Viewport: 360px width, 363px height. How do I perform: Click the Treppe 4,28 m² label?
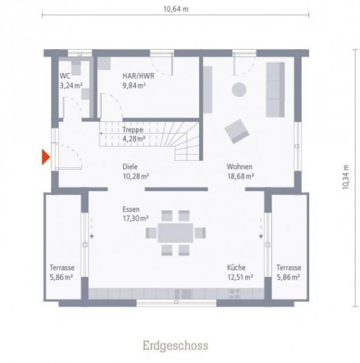[x=133, y=134]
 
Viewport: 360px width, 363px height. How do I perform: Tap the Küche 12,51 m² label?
[x=240, y=272]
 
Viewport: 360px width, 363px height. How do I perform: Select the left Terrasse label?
[x=61, y=272]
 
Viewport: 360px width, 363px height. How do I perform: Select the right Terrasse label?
[x=289, y=272]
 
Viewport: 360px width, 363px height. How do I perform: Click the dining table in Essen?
[x=175, y=232]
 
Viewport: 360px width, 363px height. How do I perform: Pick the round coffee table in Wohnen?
[x=240, y=90]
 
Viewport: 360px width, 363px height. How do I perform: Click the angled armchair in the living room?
[x=236, y=129]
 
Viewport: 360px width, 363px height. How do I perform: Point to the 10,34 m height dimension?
[x=345, y=177]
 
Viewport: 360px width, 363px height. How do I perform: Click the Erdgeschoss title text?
[x=175, y=345]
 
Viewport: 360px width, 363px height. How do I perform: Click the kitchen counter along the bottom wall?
[x=175, y=293]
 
